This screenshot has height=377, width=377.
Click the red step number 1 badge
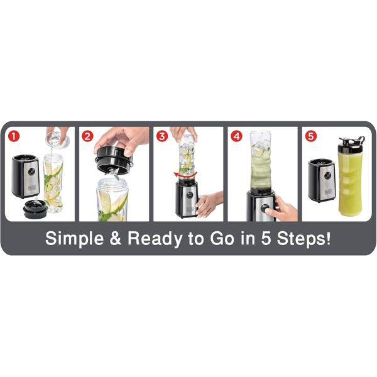pyautogui.click(x=14, y=136)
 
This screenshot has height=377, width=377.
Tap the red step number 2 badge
pyautogui.click(x=87, y=136)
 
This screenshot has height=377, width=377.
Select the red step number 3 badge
pyautogui.click(x=162, y=136)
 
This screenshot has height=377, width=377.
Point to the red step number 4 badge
pyautogui.click(x=237, y=136)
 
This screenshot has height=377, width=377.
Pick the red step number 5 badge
pyautogui.click(x=310, y=136)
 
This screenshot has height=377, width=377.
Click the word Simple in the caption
pyautogui.click(x=75, y=239)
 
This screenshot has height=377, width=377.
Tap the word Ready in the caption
pyautogui.click(x=155, y=239)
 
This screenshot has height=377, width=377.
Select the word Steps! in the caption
pyautogui.click(x=303, y=239)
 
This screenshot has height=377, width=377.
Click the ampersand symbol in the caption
pyautogui.click(x=116, y=239)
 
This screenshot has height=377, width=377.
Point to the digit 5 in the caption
pyautogui.click(x=266, y=239)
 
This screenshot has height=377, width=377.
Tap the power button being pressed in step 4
pyautogui.click(x=265, y=208)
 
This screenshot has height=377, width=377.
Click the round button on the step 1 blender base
pyautogui.click(x=31, y=172)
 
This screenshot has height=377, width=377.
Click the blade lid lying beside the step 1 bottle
pyautogui.click(x=34, y=209)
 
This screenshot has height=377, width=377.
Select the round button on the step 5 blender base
pyautogui.click(x=327, y=176)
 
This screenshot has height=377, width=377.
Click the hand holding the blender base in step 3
pyautogui.click(x=208, y=204)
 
